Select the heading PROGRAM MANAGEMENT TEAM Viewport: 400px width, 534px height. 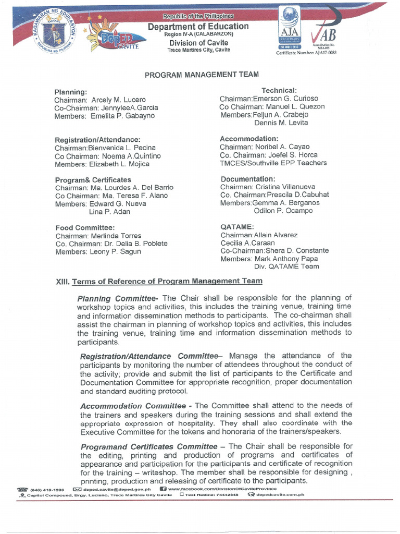[x=202, y=75]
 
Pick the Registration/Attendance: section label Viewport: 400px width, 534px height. [x=98, y=140]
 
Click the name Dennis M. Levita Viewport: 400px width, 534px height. [x=281, y=123]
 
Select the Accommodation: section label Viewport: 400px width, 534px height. [x=249, y=139]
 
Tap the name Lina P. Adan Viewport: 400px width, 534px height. [x=109, y=212]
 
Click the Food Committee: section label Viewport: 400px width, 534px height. [x=85, y=227]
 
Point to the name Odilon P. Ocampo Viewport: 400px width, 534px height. [x=283, y=211]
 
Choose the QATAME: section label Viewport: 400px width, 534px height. [x=237, y=227]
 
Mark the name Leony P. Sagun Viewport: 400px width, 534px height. [x=115, y=251]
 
